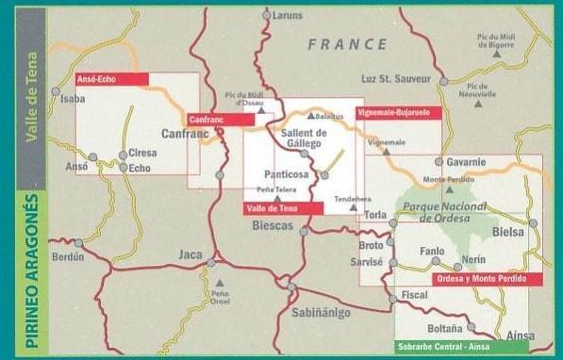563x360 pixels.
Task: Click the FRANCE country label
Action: pos(346,44)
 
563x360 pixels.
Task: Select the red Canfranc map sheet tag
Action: pos(221,120)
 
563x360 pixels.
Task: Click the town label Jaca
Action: pos(190,254)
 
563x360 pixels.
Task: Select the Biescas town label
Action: pos(273,226)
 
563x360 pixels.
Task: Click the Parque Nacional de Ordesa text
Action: pos(443,213)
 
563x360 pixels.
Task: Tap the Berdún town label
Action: pos(69,256)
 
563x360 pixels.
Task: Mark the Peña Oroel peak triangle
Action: pos(220,282)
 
